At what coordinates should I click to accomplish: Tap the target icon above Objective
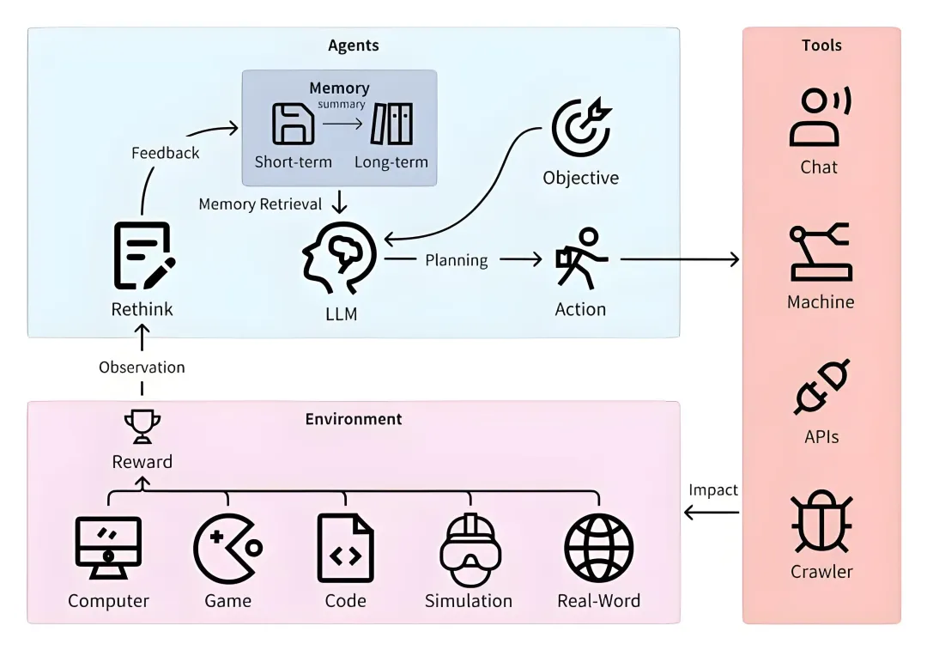pyautogui.click(x=581, y=129)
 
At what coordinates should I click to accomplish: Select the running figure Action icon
pyautogui.click(x=580, y=258)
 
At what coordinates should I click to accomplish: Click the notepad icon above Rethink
pyautogui.click(x=143, y=255)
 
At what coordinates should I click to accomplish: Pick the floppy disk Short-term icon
pyautogui.click(x=293, y=124)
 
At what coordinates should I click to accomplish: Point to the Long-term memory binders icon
pyautogui.click(x=391, y=124)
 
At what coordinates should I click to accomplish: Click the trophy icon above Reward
pyautogui.click(x=142, y=424)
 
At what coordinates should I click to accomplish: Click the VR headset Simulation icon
pyautogui.click(x=469, y=550)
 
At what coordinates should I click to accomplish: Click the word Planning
pyautogui.click(x=456, y=260)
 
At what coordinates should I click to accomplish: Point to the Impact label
pyautogui.click(x=713, y=489)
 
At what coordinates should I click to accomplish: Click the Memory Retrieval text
pyautogui.click(x=260, y=204)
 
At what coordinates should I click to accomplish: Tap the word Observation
pyautogui.click(x=142, y=367)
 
